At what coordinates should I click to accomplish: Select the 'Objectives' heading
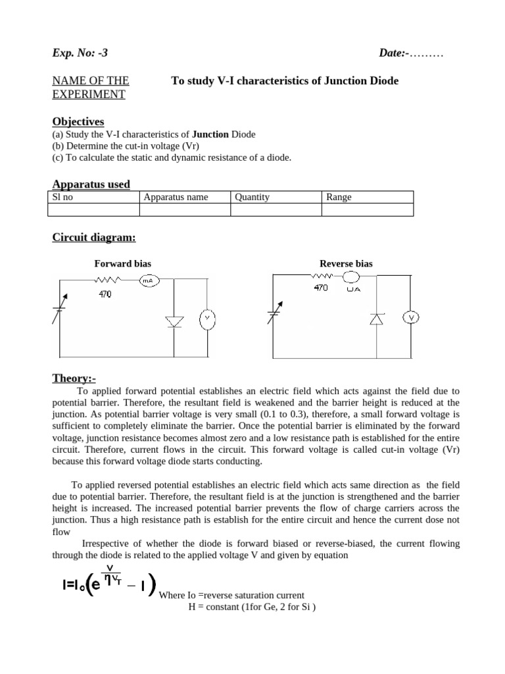[78, 122]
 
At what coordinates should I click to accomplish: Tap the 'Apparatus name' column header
[176, 197]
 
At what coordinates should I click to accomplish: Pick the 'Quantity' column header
[252, 197]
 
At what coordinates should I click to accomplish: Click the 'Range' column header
[339, 197]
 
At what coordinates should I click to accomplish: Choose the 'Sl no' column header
[66, 197]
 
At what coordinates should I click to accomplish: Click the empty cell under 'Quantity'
[276, 209]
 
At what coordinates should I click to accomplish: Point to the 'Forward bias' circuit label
[123, 264]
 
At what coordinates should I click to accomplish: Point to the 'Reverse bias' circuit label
[346, 264]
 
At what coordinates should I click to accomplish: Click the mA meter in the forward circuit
[147, 280]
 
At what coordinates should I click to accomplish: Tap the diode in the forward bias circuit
[174, 321]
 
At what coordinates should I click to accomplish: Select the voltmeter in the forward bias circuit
[206, 318]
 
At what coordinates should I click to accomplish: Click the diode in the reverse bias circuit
[375, 319]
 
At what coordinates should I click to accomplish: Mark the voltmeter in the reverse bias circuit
[412, 318]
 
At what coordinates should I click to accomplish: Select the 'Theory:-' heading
[74, 378]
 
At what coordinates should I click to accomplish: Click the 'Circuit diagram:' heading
[94, 238]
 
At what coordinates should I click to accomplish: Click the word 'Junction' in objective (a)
[210, 134]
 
